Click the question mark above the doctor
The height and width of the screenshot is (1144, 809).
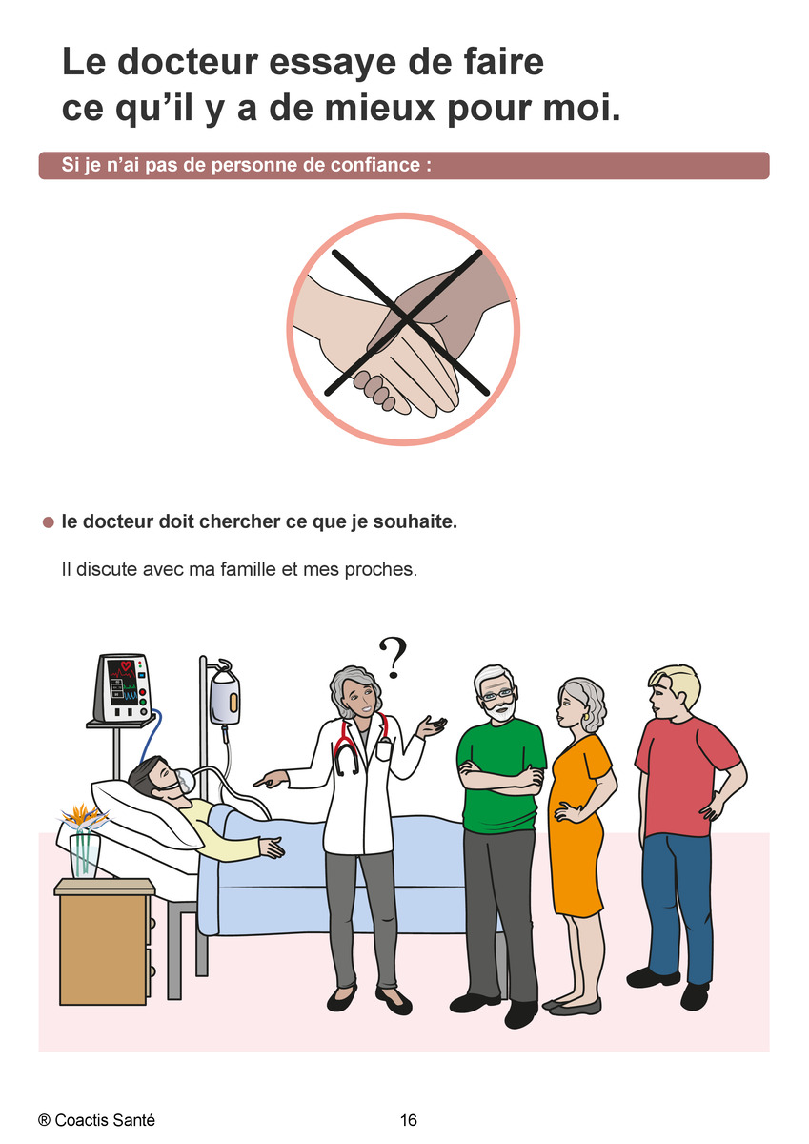click(x=392, y=658)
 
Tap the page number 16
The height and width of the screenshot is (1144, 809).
click(x=409, y=1120)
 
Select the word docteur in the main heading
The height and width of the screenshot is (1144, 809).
click(x=189, y=62)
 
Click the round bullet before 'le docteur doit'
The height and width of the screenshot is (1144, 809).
click(x=49, y=522)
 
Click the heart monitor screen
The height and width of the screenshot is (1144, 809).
click(x=121, y=682)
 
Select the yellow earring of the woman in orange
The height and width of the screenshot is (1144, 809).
click(x=587, y=716)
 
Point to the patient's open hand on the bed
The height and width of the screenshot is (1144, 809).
click(x=272, y=847)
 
